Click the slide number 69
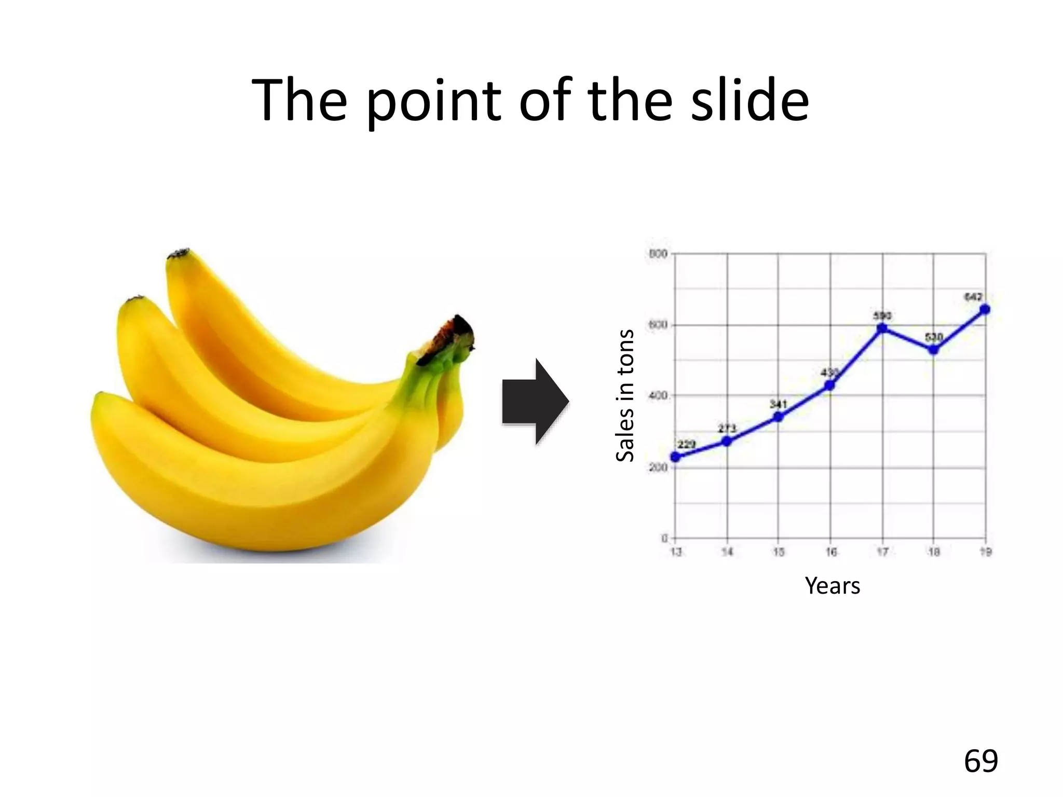click(980, 761)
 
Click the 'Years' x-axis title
click(832, 586)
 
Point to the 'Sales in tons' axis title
click(625, 395)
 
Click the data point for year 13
click(675, 457)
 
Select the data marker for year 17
click(882, 328)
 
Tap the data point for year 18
click(933, 350)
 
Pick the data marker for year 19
click(985, 310)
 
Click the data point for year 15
click(778, 417)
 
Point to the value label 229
click(686, 444)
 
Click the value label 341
click(778, 404)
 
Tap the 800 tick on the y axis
click(658, 254)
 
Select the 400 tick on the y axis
click(658, 396)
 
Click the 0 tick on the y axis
click(664, 538)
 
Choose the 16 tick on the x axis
click(831, 552)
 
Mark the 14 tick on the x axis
click(727, 552)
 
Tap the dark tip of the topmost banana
click(179, 254)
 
